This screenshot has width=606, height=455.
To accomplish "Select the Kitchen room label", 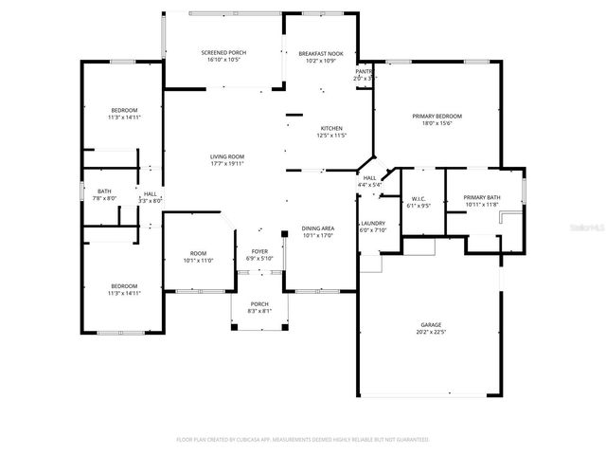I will [x=330, y=129].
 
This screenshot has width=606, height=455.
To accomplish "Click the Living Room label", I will [x=227, y=156].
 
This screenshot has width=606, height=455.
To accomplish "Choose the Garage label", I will [x=431, y=325].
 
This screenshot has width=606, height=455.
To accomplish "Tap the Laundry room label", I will [x=373, y=223].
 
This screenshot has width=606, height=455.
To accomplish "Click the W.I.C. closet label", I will [x=418, y=198].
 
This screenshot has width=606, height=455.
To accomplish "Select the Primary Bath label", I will [x=482, y=198].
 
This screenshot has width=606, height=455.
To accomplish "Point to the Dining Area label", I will [x=317, y=228].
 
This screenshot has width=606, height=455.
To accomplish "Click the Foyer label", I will [x=258, y=251].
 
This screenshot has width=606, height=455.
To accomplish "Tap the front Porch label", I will [x=258, y=303].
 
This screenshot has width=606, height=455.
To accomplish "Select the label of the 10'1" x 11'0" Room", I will [x=198, y=253].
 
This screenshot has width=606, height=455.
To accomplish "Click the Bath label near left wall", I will [x=104, y=191].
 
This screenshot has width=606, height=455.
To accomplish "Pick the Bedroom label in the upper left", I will [x=124, y=109].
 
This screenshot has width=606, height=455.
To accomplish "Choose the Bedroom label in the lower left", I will [x=124, y=286].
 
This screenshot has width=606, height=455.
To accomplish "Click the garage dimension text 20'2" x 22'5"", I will [x=431, y=333].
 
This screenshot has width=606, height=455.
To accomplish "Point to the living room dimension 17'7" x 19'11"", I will [x=227, y=164].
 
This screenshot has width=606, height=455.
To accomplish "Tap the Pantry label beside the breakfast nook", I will [x=364, y=71].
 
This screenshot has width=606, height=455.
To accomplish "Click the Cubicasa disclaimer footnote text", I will [x=303, y=440].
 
